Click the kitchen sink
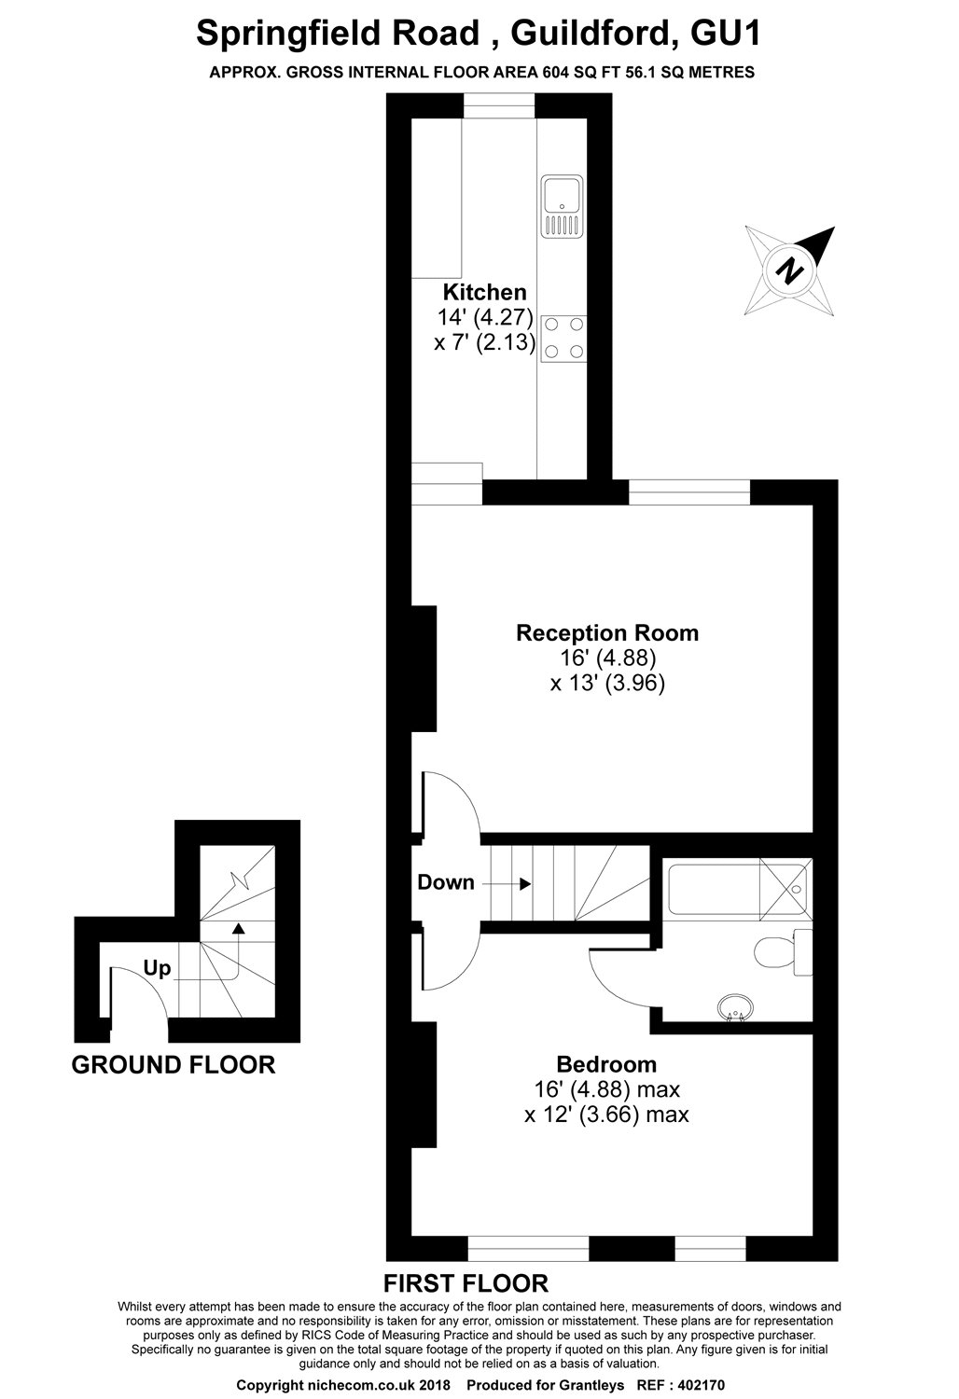[x=562, y=206]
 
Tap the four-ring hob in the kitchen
[x=564, y=338]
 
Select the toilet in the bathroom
[x=784, y=952]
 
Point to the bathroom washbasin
[x=735, y=1008]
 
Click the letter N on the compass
[x=790, y=270]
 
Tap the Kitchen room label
[x=484, y=292]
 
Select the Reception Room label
[x=606, y=632]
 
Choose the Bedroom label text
[x=606, y=1064]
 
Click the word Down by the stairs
[x=446, y=882]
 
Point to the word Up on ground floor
[x=157, y=968]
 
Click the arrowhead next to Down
[x=525, y=884]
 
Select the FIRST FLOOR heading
[x=466, y=1282]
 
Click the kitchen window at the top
[x=498, y=105]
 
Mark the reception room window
[x=688, y=492]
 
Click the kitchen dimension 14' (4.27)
[x=485, y=317]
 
